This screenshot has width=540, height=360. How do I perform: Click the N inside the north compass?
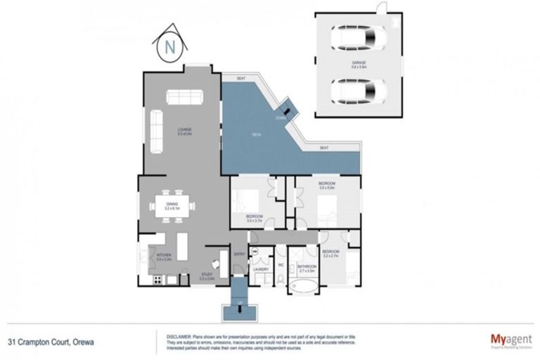[169, 48]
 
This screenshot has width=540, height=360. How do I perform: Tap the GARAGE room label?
[359, 61]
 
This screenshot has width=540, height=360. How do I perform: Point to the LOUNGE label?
[185, 129]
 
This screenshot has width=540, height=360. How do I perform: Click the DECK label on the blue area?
[258, 135]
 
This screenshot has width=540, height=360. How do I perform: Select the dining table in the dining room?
[173, 206]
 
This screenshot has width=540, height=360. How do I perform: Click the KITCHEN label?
[164, 255]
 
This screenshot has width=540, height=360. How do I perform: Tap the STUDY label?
[206, 274]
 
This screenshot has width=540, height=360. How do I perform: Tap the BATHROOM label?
[307, 266]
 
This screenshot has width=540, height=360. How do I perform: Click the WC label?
[281, 265]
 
